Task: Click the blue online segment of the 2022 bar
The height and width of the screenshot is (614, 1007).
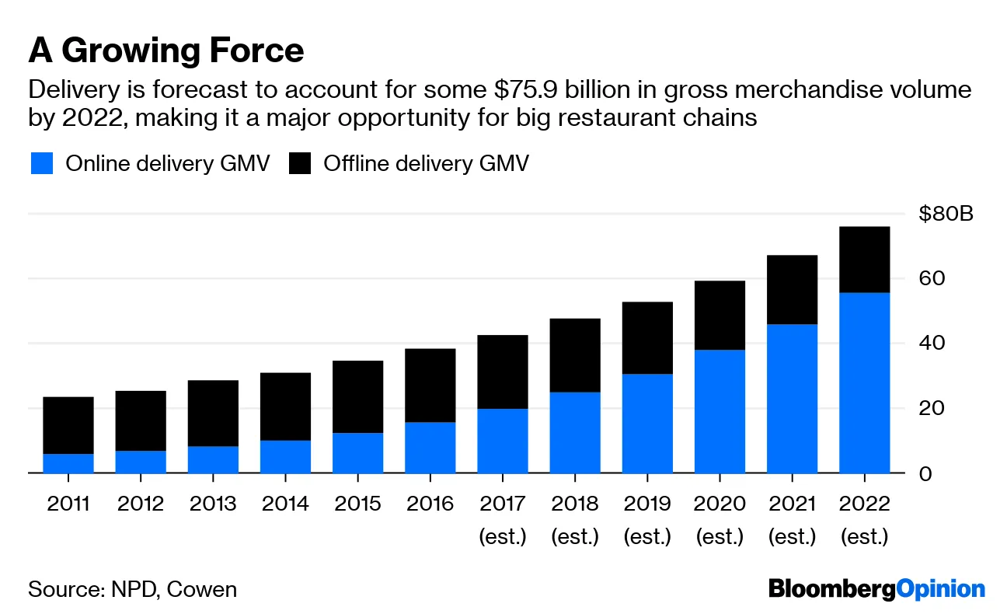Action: (x=864, y=382)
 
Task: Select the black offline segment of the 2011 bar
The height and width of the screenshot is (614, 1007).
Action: (x=68, y=425)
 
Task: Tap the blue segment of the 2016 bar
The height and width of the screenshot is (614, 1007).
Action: (x=430, y=447)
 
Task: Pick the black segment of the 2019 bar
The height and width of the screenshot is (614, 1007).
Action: (x=647, y=338)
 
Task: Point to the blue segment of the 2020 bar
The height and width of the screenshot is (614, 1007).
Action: (x=720, y=411)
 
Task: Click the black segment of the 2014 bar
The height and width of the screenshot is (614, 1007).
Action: (x=286, y=406)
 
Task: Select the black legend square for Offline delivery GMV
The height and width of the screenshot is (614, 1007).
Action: (x=299, y=164)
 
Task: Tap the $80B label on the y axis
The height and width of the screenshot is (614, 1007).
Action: (x=946, y=214)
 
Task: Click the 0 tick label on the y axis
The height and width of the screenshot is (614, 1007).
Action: (x=925, y=473)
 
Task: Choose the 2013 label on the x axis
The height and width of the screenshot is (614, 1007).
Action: (x=214, y=504)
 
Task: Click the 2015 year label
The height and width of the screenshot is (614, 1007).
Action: (x=358, y=504)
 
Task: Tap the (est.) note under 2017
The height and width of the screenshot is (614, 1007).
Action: (x=503, y=537)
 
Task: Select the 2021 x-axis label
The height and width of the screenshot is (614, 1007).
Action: (x=793, y=504)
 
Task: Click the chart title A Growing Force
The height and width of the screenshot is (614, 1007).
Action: (x=166, y=51)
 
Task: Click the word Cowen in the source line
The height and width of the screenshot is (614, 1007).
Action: (x=204, y=589)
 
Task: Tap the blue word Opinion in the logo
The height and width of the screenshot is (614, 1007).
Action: (x=941, y=589)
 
